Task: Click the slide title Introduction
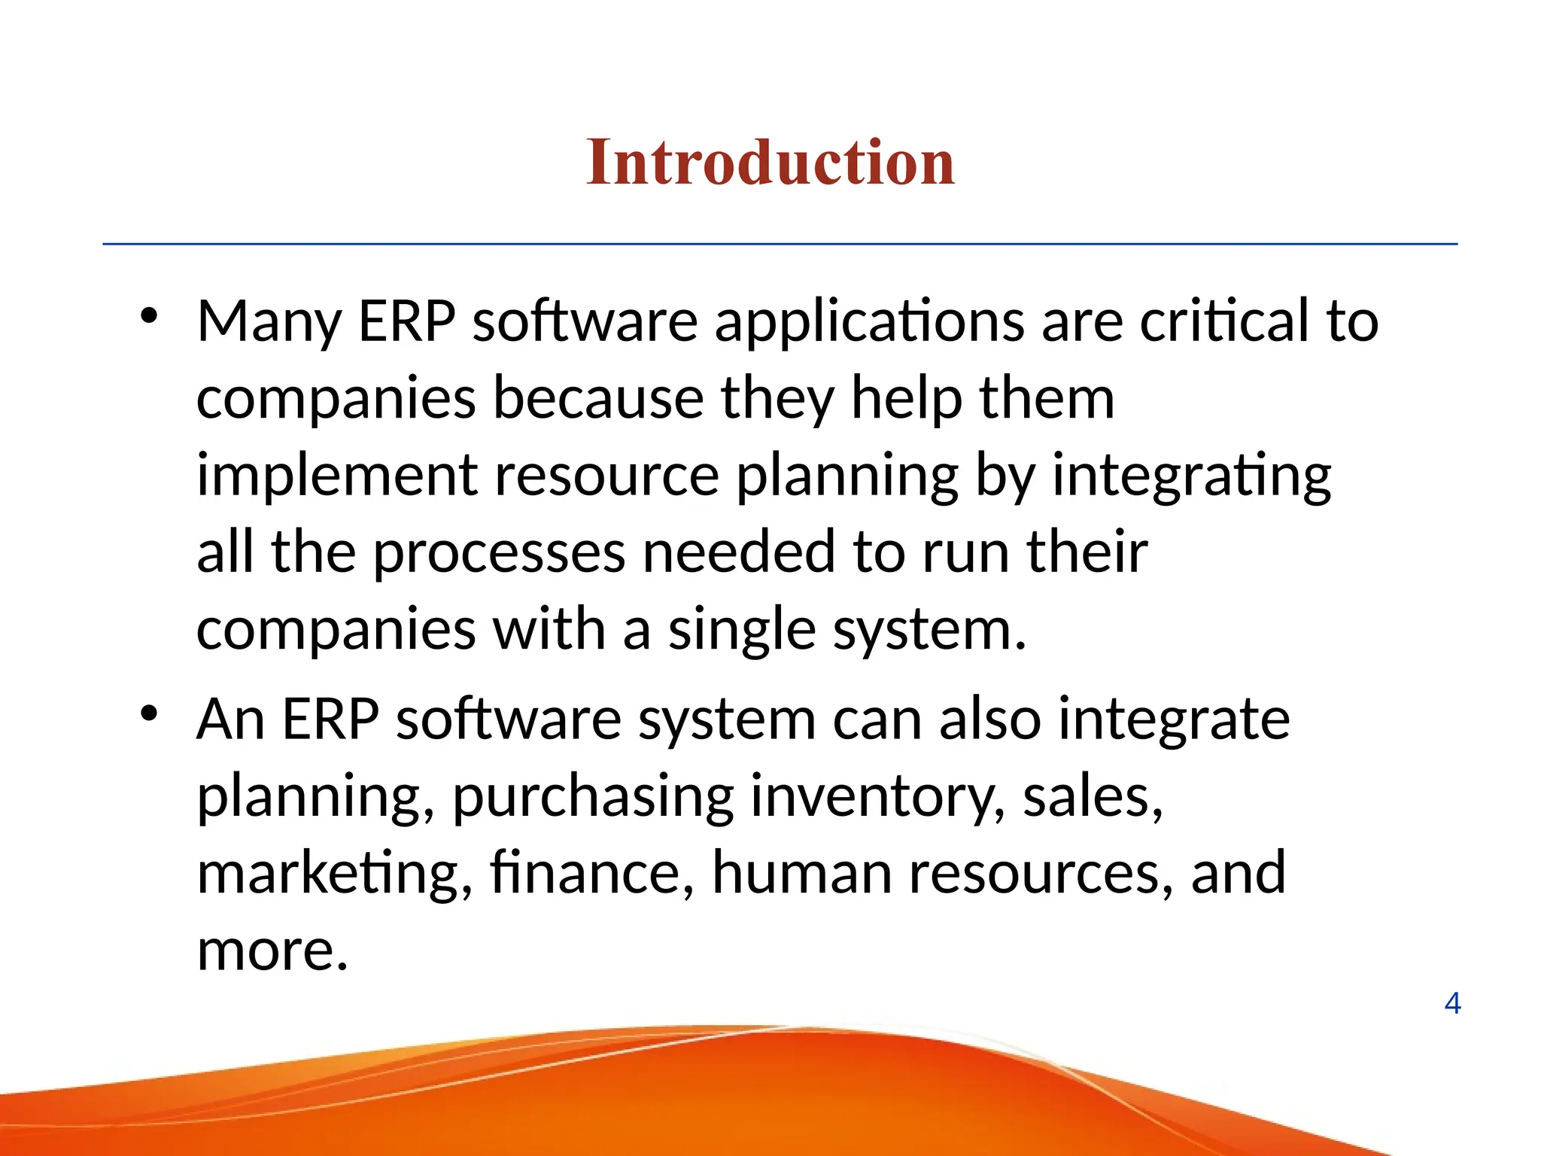pos(770,163)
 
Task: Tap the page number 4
pos(1452,1003)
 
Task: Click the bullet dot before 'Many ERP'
pos(149,316)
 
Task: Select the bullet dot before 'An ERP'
pos(149,713)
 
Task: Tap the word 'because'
pos(598,399)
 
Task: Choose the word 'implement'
pos(337,477)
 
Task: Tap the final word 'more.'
pos(272,951)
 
